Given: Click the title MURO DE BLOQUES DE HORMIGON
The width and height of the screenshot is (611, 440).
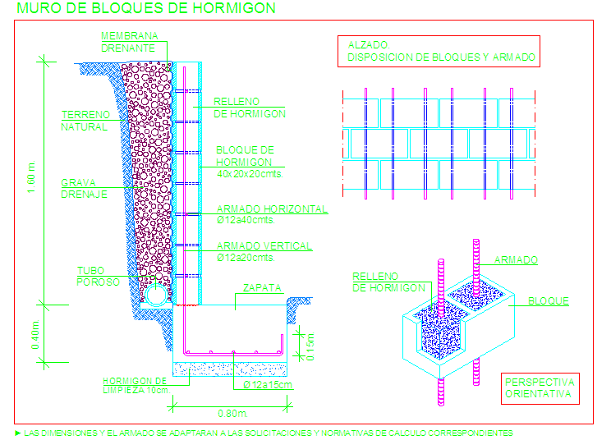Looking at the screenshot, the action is (146, 8).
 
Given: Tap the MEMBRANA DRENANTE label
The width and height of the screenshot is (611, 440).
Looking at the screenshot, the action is (130, 42).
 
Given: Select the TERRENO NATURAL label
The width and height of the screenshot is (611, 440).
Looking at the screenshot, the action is (85, 121).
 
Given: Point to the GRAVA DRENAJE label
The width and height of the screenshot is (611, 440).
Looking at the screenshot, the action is (84, 189).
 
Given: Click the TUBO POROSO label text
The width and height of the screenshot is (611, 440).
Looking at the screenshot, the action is (98, 277).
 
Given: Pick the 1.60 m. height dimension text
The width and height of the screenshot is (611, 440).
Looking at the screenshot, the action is (31, 176).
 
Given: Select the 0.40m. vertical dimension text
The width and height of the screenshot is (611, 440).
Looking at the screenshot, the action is (35, 334).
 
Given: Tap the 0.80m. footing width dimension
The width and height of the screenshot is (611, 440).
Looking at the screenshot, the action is (232, 413).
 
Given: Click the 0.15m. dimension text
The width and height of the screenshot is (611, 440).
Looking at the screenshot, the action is (310, 346).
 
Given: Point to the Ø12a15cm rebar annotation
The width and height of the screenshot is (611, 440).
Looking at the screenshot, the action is (268, 385).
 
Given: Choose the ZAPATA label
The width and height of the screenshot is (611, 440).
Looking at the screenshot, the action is (262, 288).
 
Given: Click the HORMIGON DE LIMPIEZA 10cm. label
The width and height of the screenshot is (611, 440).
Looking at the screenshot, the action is (136, 386).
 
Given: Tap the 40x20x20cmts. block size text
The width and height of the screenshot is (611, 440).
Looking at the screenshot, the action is (250, 174).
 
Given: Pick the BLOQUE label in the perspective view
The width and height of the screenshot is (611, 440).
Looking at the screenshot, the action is (549, 301).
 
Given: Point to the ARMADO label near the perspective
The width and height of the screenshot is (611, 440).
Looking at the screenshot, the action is (516, 259).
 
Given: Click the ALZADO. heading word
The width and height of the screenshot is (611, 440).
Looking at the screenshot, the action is (368, 45).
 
